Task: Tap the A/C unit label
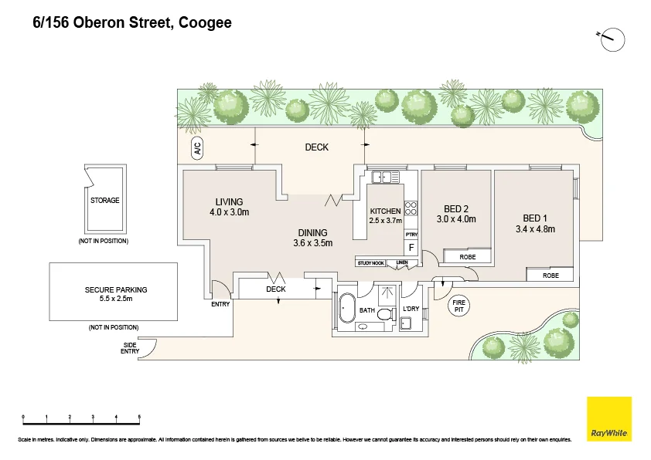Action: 197,149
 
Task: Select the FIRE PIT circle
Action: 459,306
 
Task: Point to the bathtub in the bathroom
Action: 346,310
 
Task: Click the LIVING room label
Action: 229,202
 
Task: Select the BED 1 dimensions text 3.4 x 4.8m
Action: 535,228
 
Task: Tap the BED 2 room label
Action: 456,208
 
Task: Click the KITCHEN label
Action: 385,211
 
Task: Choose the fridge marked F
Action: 411,248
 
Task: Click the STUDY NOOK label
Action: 370,263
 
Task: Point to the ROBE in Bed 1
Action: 550,275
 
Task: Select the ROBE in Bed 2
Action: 467,256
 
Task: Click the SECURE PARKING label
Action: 115,290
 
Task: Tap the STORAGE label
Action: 105,201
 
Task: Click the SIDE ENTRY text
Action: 131,348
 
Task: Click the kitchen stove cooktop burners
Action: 411,208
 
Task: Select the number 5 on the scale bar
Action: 139,418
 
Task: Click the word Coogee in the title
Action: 205,23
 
